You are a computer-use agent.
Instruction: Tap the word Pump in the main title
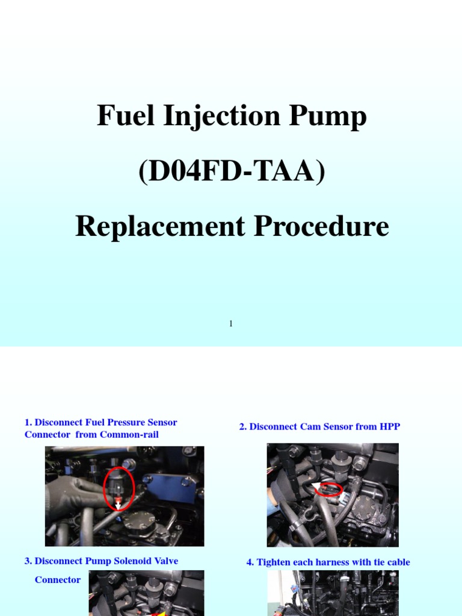(331, 117)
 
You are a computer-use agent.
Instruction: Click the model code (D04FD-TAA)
(232, 172)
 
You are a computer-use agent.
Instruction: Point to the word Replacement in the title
(159, 227)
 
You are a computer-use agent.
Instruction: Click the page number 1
(231, 324)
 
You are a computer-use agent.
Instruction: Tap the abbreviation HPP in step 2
(388, 427)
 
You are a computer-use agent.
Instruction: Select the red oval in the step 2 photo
(330, 489)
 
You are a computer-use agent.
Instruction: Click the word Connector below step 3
(57, 580)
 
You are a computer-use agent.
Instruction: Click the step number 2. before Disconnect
(243, 427)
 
